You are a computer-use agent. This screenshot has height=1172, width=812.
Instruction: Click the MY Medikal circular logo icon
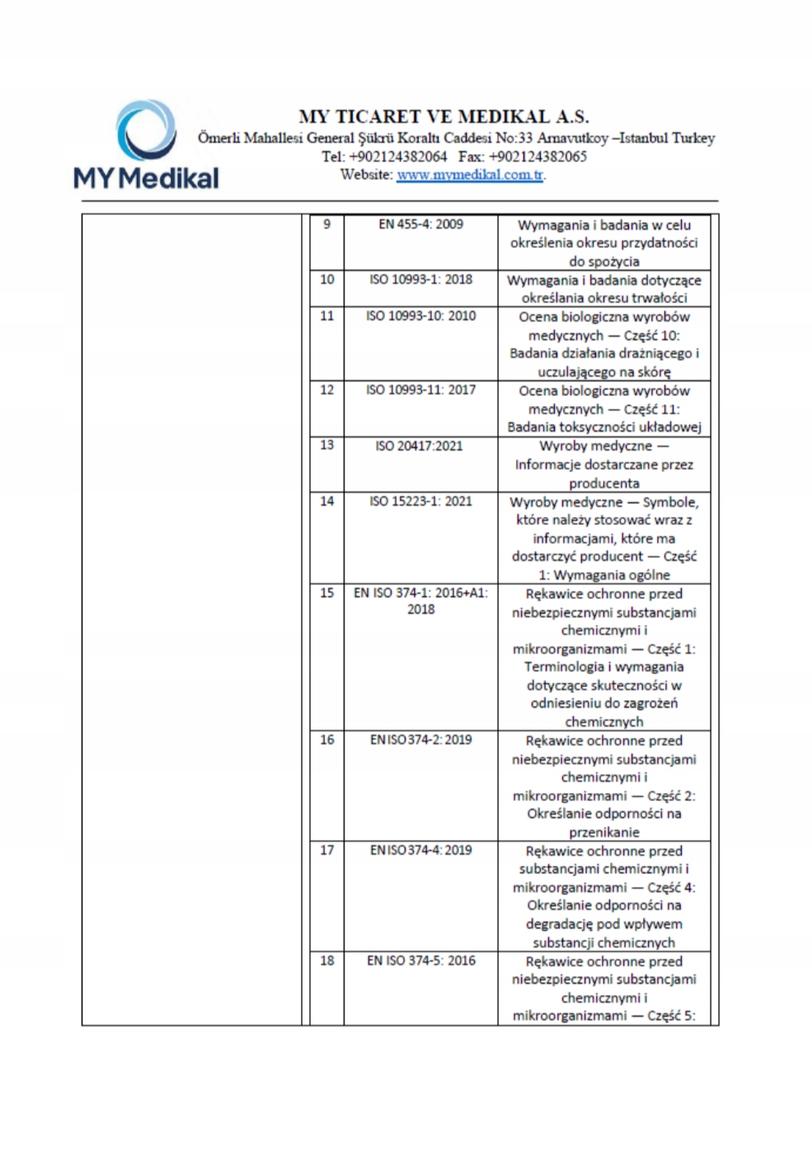pyautogui.click(x=147, y=130)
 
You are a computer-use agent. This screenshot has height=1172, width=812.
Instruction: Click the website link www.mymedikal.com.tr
pyautogui.click(x=470, y=175)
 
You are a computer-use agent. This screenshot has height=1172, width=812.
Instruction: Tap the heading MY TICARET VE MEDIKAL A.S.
pyautogui.click(x=444, y=116)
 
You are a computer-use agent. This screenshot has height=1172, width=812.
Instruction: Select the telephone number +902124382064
pyautogui.click(x=397, y=157)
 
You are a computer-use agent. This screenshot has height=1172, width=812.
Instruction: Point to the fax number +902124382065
pyautogui.click(x=537, y=157)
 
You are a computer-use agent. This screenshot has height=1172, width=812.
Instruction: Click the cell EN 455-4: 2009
pyautogui.click(x=420, y=224)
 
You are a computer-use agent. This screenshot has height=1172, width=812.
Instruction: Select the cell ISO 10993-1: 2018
pyautogui.click(x=420, y=279)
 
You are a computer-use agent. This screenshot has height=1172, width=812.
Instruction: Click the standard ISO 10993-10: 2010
pyautogui.click(x=420, y=316)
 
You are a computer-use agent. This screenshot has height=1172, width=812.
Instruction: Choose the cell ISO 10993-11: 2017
pyautogui.click(x=420, y=390)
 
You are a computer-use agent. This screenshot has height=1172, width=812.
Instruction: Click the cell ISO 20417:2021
pyautogui.click(x=420, y=446)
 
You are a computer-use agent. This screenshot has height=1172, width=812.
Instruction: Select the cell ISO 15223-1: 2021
pyautogui.click(x=420, y=501)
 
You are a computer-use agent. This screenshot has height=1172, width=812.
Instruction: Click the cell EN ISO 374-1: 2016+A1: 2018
pyautogui.click(x=420, y=601)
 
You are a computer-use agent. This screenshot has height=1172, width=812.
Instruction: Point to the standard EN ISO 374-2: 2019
pyautogui.click(x=420, y=740)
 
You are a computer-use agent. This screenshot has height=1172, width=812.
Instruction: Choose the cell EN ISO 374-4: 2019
pyautogui.click(x=420, y=850)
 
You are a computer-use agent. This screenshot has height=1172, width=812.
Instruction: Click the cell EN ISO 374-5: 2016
pyautogui.click(x=420, y=960)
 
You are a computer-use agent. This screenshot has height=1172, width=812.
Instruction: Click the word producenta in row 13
pyautogui.click(x=604, y=483)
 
